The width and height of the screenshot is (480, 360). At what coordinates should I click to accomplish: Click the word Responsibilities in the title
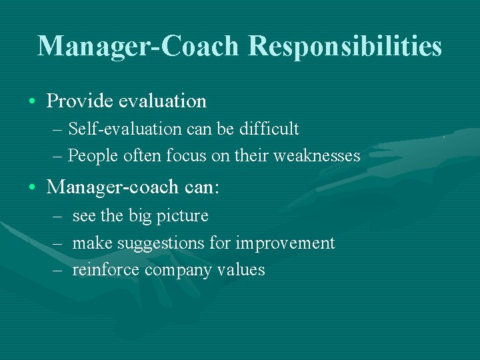tap(345, 47)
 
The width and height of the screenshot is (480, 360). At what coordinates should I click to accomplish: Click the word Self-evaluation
tap(117, 129)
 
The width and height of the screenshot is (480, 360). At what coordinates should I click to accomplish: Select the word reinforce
tap(106, 270)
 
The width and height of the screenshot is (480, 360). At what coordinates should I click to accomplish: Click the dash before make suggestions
tap(58, 243)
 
